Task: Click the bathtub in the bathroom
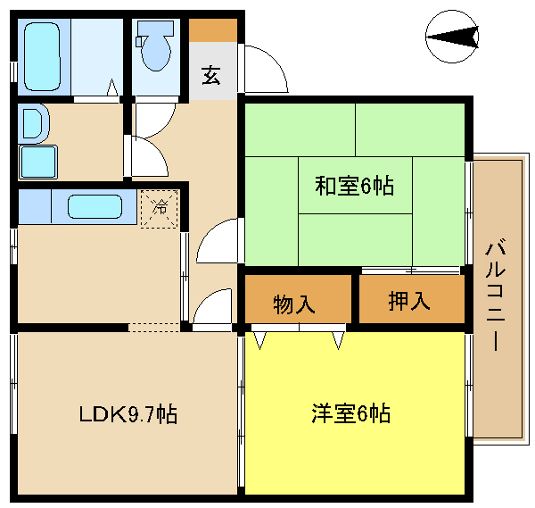point(42,57)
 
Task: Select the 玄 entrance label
point(210,76)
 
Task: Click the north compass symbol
point(452,37)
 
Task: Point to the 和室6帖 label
point(354,187)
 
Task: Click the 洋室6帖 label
point(351,413)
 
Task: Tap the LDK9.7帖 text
point(128,414)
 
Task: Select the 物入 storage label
point(293,304)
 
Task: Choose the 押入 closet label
point(409,301)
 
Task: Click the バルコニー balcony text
point(496,295)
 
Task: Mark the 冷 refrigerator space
point(160,209)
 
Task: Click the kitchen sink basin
point(95,207)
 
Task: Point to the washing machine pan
point(37,162)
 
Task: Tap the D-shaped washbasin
point(34,123)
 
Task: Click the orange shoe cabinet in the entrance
point(213,30)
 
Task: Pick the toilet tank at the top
point(156,29)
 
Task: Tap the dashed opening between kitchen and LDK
point(154,327)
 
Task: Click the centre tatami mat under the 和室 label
point(355,186)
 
